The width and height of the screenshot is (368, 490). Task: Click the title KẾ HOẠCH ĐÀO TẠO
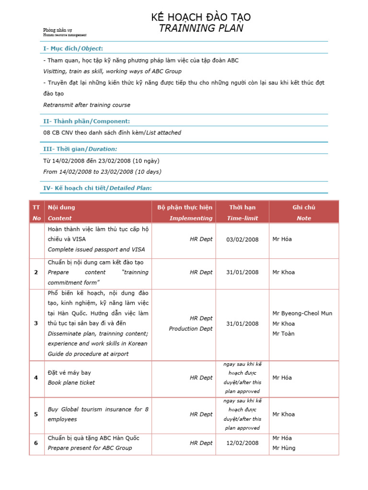(201, 17)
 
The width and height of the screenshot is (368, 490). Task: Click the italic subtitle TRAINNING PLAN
(201, 28)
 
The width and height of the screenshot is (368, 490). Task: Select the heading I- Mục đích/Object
(73, 48)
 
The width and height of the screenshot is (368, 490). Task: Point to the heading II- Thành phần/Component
(86, 121)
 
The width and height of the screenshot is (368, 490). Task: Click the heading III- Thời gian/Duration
(80, 149)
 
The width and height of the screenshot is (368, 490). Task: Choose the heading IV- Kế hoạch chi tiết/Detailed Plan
(97, 188)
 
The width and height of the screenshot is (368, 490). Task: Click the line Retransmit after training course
(87, 105)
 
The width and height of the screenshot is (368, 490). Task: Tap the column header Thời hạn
(242, 207)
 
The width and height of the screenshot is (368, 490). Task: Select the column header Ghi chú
(303, 207)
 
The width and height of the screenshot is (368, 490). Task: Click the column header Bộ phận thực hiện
(184, 207)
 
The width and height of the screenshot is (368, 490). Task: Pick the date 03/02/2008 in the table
(242, 239)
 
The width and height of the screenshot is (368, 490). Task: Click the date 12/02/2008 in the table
(242, 443)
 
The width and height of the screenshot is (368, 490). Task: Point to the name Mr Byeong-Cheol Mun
(302, 313)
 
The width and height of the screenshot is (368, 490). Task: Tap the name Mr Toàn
(283, 334)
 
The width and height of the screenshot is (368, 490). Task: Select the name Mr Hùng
(284, 448)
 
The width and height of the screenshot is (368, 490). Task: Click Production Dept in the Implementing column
(190, 329)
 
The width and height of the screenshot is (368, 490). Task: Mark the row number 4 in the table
(36, 378)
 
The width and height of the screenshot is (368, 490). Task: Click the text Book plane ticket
(71, 383)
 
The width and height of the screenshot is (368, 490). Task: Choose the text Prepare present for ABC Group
(90, 448)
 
